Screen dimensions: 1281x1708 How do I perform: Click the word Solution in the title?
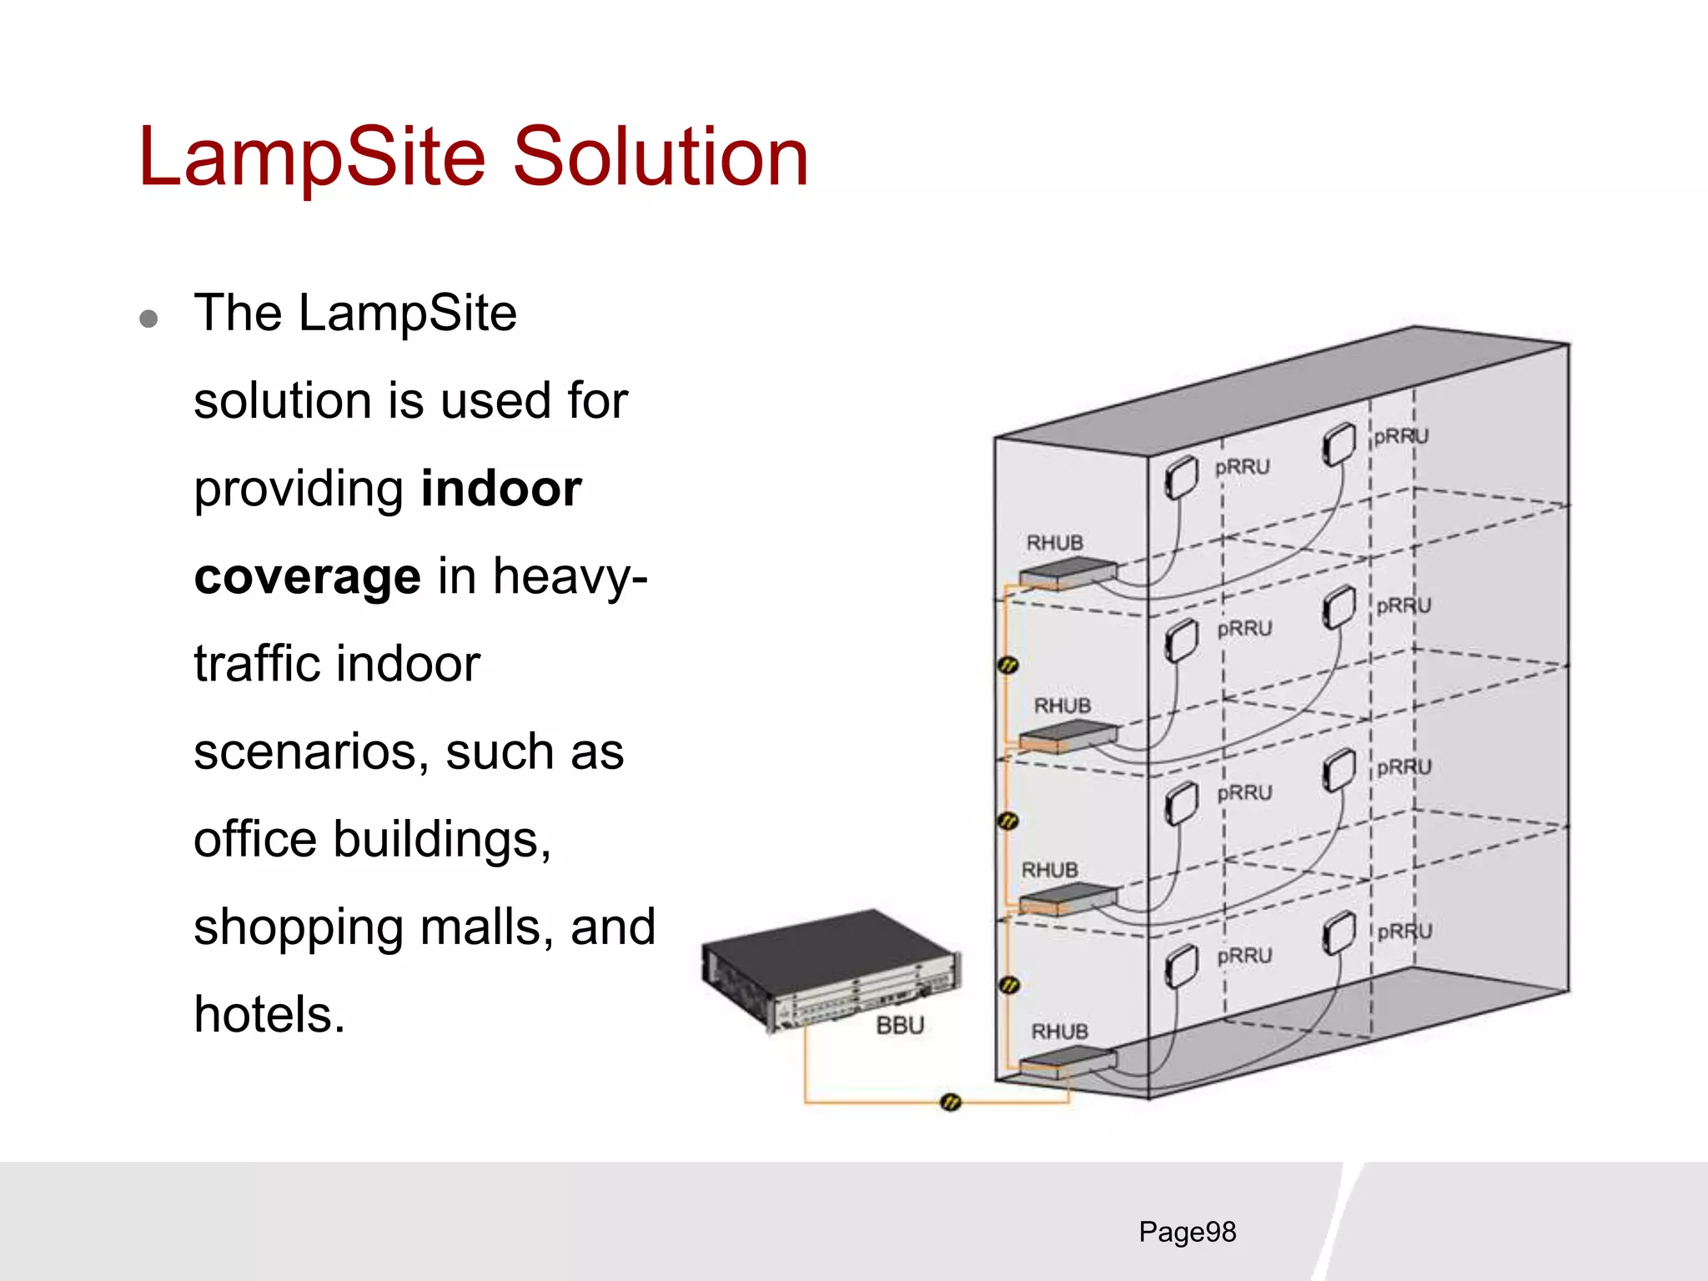pos(660,157)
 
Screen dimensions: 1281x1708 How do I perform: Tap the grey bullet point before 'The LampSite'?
pos(149,319)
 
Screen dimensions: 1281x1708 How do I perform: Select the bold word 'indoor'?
pos(501,489)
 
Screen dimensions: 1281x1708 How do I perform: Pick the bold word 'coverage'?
pos(307,576)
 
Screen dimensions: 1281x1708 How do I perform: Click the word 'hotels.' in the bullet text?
pos(269,1015)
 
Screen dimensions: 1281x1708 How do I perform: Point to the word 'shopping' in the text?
pos(298,927)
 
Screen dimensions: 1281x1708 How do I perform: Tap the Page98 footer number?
pos(1187,1232)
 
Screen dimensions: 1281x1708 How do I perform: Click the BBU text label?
pos(900,1025)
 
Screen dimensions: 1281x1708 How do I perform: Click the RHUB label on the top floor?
pos(1054,543)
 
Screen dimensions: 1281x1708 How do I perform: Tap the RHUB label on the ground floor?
pos(1059,1032)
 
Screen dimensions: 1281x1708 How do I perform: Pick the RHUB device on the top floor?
pos(1067,574)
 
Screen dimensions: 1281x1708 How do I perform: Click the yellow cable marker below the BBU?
pos(950,1103)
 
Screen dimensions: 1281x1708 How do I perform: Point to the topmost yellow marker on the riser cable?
pos(1008,665)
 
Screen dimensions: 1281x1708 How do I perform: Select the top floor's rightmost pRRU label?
pos(1400,436)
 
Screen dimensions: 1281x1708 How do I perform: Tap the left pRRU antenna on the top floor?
pos(1180,477)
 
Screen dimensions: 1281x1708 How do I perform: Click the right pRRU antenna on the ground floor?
pos(1339,932)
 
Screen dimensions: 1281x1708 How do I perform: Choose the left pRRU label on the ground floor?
pos(1244,956)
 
